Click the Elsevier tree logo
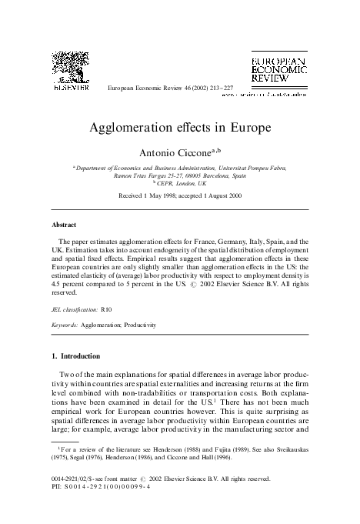[x=70, y=68]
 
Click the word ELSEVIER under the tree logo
[x=70, y=88]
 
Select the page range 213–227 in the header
[x=201, y=89]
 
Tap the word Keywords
[x=65, y=325]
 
